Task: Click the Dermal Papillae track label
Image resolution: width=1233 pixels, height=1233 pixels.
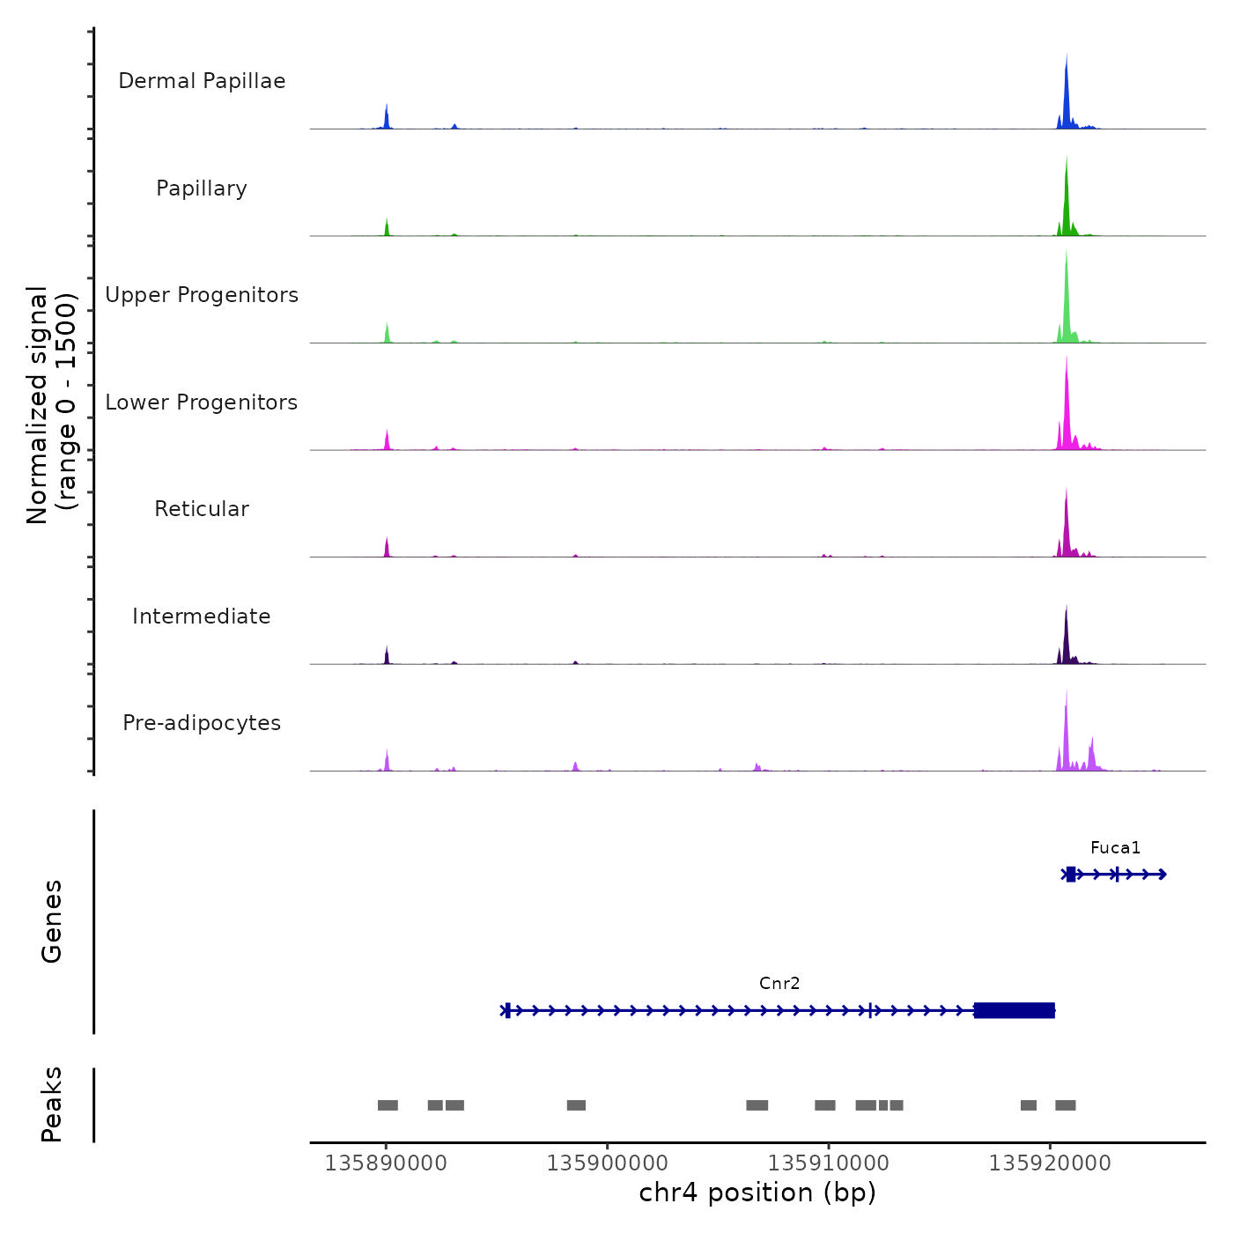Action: pyautogui.click(x=202, y=81)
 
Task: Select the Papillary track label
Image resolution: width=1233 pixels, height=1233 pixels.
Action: pyautogui.click(x=202, y=188)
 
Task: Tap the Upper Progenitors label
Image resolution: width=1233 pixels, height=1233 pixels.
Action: pyautogui.click(x=202, y=295)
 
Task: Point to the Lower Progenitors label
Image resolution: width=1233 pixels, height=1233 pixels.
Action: pyautogui.click(x=202, y=402)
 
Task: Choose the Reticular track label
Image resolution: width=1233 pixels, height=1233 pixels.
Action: pyautogui.click(x=202, y=509)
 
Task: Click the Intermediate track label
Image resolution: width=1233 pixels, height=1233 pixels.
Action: pyautogui.click(x=202, y=616)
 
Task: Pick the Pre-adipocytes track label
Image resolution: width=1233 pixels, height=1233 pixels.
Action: pyautogui.click(x=202, y=723)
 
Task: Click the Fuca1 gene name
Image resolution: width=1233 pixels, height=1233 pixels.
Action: pyautogui.click(x=1115, y=848)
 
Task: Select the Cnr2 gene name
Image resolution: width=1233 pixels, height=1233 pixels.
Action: pyautogui.click(x=779, y=984)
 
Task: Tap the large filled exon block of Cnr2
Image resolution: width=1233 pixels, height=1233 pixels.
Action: pyautogui.click(x=1015, y=1010)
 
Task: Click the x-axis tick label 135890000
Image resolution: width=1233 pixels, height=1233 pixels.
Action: pyautogui.click(x=386, y=1163)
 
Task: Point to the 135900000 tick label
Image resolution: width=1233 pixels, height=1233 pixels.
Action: pyautogui.click(x=607, y=1163)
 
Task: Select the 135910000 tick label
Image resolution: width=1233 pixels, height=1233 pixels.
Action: pyautogui.click(x=828, y=1163)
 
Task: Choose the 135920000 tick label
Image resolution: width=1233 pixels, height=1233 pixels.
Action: pyautogui.click(x=1050, y=1163)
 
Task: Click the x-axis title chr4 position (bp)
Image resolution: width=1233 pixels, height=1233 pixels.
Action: pyautogui.click(x=757, y=1193)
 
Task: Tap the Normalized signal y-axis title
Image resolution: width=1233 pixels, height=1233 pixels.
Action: pyautogui.click(x=51, y=405)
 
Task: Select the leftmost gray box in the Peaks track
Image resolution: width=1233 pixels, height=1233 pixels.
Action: pyautogui.click(x=388, y=1105)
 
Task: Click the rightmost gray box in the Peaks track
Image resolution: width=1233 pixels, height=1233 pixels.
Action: pyautogui.click(x=1066, y=1105)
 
